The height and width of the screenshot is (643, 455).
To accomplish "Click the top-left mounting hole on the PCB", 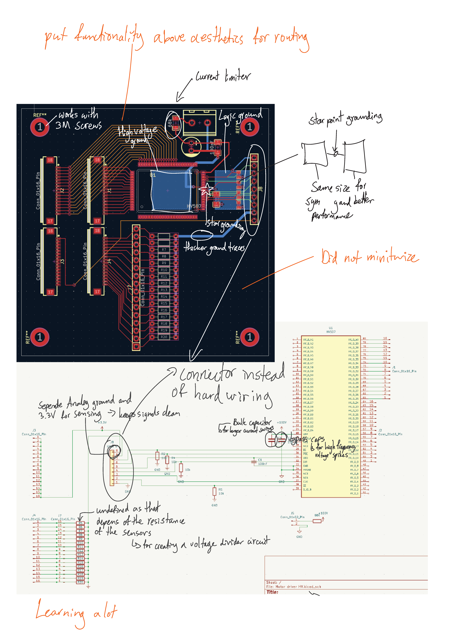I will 40,127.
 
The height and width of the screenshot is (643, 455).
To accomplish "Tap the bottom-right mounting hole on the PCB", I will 249,337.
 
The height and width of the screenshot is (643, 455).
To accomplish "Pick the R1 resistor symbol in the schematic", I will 214,492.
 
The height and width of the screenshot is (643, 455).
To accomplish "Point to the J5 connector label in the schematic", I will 292,513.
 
